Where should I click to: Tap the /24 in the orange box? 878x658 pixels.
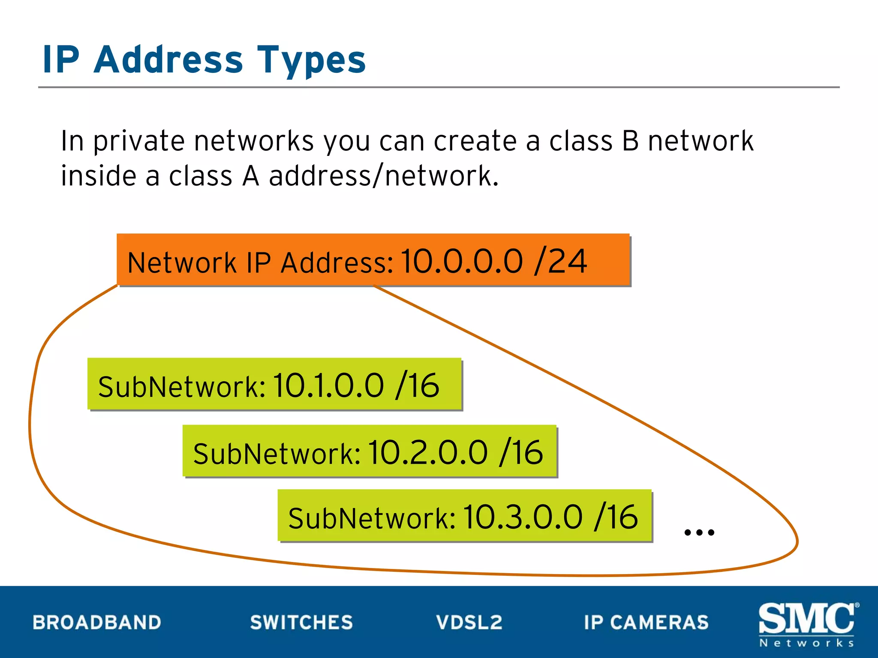coord(561,261)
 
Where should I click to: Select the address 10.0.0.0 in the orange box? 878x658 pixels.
coord(462,261)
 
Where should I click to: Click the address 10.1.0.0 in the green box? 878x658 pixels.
coord(328,386)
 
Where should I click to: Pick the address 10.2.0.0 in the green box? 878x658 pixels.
coord(428,452)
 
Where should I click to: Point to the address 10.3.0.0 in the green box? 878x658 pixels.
coord(523,517)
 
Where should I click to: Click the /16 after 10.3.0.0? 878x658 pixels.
coord(616,517)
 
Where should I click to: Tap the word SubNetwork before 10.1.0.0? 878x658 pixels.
coord(182,387)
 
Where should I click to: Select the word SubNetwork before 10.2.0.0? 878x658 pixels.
coord(277,454)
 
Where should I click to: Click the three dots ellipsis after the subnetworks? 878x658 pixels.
coord(699,532)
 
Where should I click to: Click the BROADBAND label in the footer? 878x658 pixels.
coord(97,622)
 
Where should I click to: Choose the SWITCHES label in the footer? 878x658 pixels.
coord(301,622)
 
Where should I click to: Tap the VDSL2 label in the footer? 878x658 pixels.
coord(469,622)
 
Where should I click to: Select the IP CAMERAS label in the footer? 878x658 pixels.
coord(646,622)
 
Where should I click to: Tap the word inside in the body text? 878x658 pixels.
coord(98,176)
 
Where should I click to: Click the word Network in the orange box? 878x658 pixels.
coord(182,263)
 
